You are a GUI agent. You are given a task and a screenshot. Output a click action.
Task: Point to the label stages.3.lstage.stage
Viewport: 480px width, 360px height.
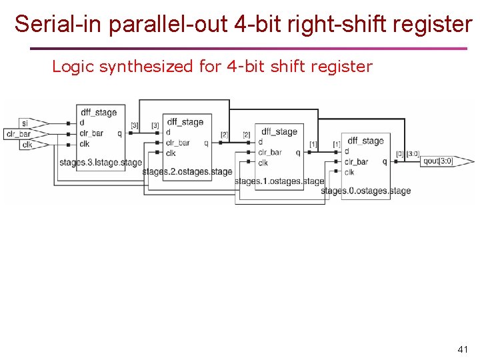click(100, 162)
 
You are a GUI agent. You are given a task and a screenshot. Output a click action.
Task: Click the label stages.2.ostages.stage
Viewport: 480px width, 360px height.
click(187, 171)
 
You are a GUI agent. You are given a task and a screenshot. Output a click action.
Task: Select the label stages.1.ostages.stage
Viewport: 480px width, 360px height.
click(279, 181)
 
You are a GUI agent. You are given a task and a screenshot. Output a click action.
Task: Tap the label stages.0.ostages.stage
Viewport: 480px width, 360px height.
click(365, 191)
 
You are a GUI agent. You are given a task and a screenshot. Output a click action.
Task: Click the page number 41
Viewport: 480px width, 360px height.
click(463, 349)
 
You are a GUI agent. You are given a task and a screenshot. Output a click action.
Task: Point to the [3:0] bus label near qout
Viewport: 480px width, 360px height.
click(413, 153)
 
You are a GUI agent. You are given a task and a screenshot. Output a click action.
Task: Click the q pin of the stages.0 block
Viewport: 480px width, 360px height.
click(385, 161)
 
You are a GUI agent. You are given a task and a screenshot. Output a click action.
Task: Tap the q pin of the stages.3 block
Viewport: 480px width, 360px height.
click(119, 133)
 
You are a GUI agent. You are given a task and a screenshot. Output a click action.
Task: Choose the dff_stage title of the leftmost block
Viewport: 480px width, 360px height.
click(99, 112)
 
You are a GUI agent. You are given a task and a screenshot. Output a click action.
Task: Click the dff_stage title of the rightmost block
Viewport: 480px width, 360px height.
click(365, 141)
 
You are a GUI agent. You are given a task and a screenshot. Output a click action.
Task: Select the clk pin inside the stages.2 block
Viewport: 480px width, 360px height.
click(171, 153)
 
